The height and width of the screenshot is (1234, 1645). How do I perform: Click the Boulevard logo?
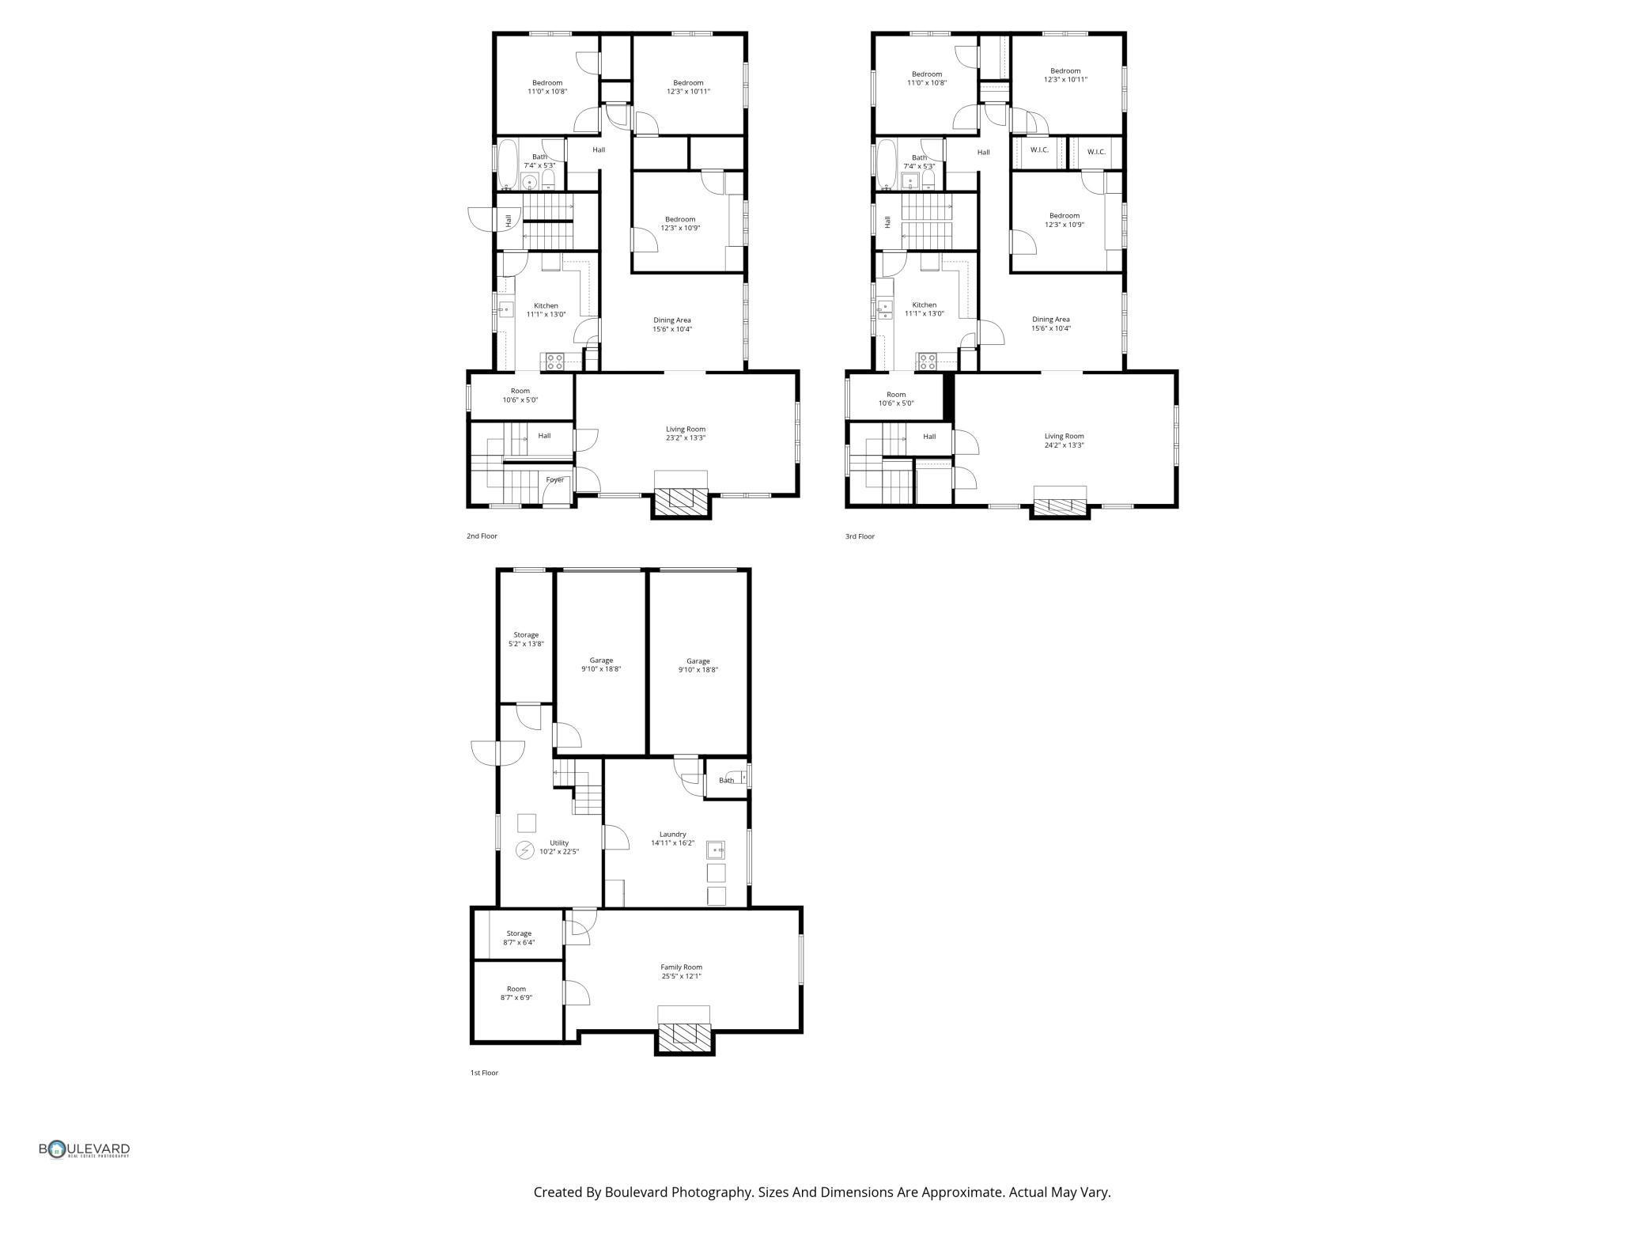[85, 1149]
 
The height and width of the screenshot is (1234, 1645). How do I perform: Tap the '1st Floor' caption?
[484, 1073]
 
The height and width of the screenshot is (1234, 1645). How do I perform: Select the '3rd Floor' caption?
[860, 536]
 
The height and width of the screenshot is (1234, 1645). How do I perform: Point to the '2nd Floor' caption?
[482, 536]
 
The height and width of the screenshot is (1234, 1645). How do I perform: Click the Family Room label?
[681, 967]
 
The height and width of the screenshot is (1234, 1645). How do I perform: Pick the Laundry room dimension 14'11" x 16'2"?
[672, 843]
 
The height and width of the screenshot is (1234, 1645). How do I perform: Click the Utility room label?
[559, 842]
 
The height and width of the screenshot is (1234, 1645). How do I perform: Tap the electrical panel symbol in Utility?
[524, 851]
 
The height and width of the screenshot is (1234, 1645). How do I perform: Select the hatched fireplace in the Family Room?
[685, 1035]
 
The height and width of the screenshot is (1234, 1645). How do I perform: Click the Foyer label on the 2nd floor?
[555, 479]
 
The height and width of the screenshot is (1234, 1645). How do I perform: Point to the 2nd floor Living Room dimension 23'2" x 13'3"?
[686, 437]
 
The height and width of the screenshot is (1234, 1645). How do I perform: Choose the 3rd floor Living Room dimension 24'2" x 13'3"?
[1064, 445]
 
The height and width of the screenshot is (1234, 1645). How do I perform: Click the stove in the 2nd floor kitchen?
[554, 361]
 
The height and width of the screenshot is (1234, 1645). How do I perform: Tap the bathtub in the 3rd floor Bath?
[887, 165]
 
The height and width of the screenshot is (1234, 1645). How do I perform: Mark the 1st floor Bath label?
[726, 781]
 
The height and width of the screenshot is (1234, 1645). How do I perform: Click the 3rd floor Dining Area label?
[1050, 320]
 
